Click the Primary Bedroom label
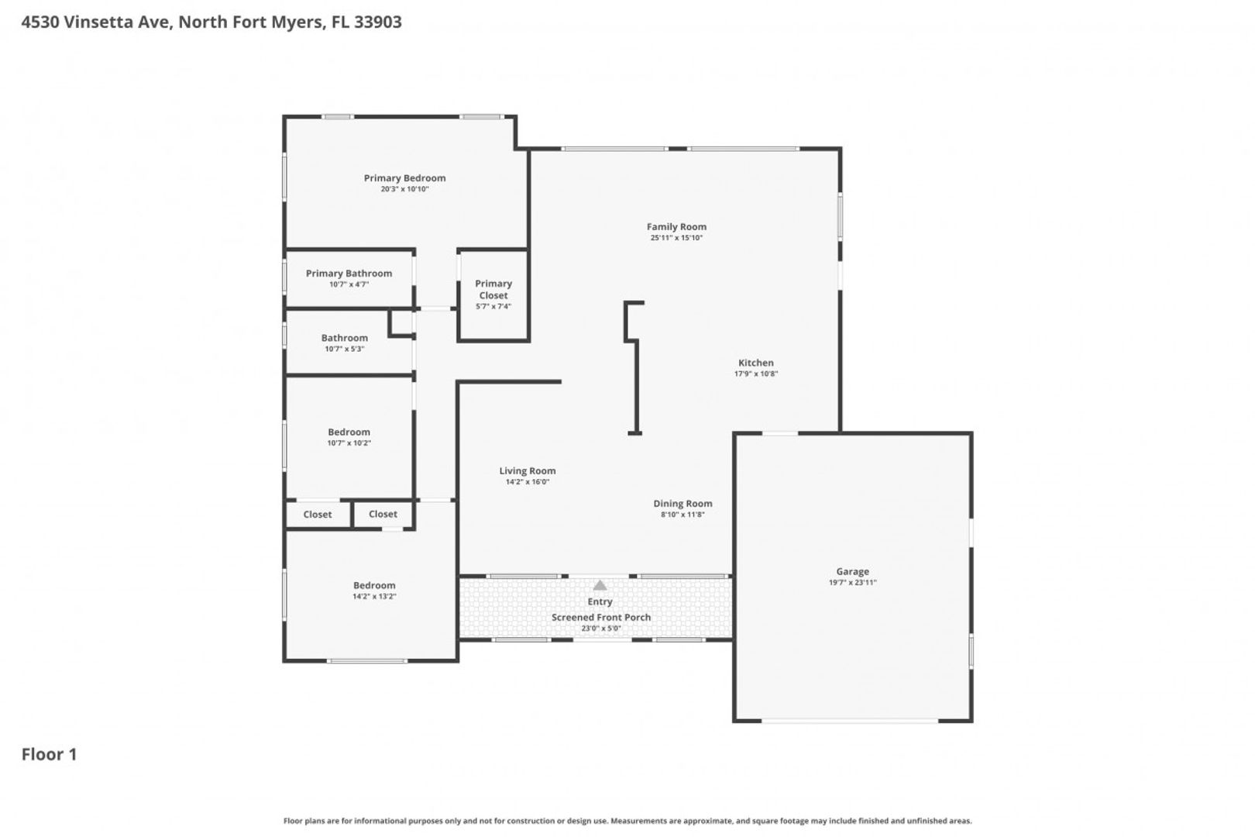[x=404, y=178]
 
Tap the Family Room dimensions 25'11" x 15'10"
[x=676, y=238]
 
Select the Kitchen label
[x=756, y=363]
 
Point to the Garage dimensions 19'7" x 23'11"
[x=853, y=583]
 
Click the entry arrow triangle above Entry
[x=600, y=586]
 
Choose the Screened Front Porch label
[x=601, y=617]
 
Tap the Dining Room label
[x=683, y=504]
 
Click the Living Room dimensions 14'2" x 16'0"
[x=528, y=482]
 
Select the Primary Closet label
[x=493, y=289]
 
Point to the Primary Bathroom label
[x=349, y=274]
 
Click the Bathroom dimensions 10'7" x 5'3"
[x=345, y=350]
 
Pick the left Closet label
[x=317, y=515]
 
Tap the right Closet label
[x=383, y=514]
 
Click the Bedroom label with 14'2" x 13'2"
[x=374, y=585]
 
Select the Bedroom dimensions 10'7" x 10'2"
[x=349, y=443]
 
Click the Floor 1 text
[x=49, y=755]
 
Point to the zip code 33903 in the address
[x=377, y=22]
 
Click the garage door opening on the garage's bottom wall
[x=850, y=721]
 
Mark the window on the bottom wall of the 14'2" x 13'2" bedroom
[x=367, y=661]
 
